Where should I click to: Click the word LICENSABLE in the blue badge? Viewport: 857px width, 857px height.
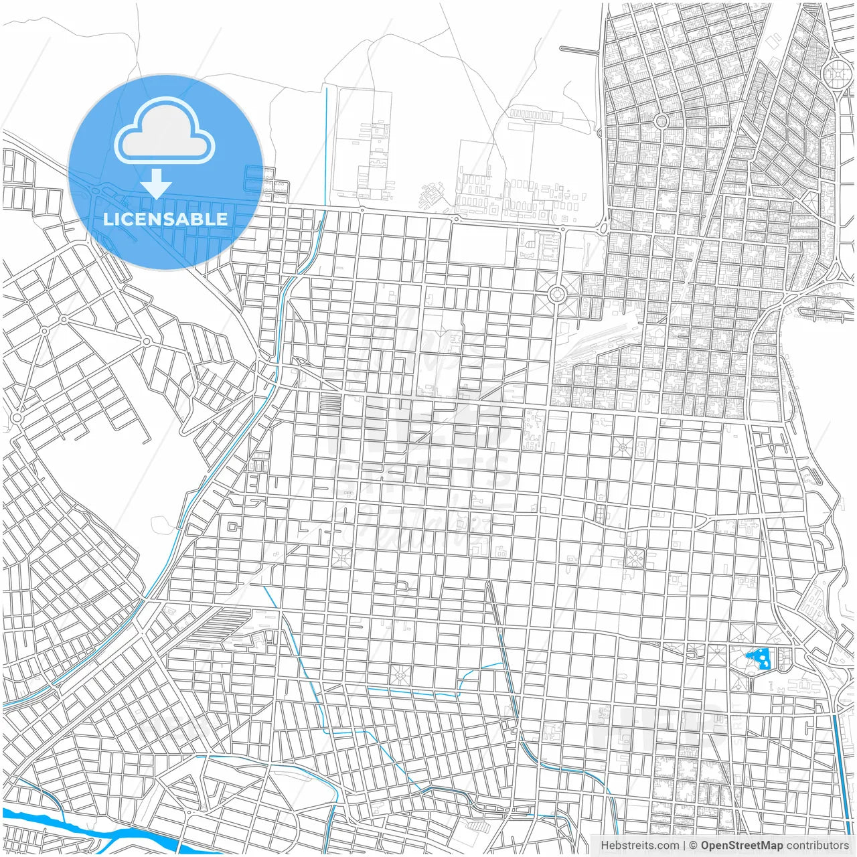165,219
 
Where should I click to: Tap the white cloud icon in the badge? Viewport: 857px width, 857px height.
165,133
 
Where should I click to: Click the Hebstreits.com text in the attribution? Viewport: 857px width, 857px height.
639,846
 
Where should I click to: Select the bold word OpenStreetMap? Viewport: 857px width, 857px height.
741,846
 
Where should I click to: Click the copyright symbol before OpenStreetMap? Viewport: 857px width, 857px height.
693,846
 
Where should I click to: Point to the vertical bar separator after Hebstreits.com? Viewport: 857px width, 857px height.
684,846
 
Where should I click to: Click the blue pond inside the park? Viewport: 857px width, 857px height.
760,658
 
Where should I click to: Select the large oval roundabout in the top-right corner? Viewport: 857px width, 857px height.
836,72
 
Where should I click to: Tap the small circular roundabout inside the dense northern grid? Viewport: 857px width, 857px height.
661,121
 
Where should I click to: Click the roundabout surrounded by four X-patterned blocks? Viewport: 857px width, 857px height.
556,294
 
